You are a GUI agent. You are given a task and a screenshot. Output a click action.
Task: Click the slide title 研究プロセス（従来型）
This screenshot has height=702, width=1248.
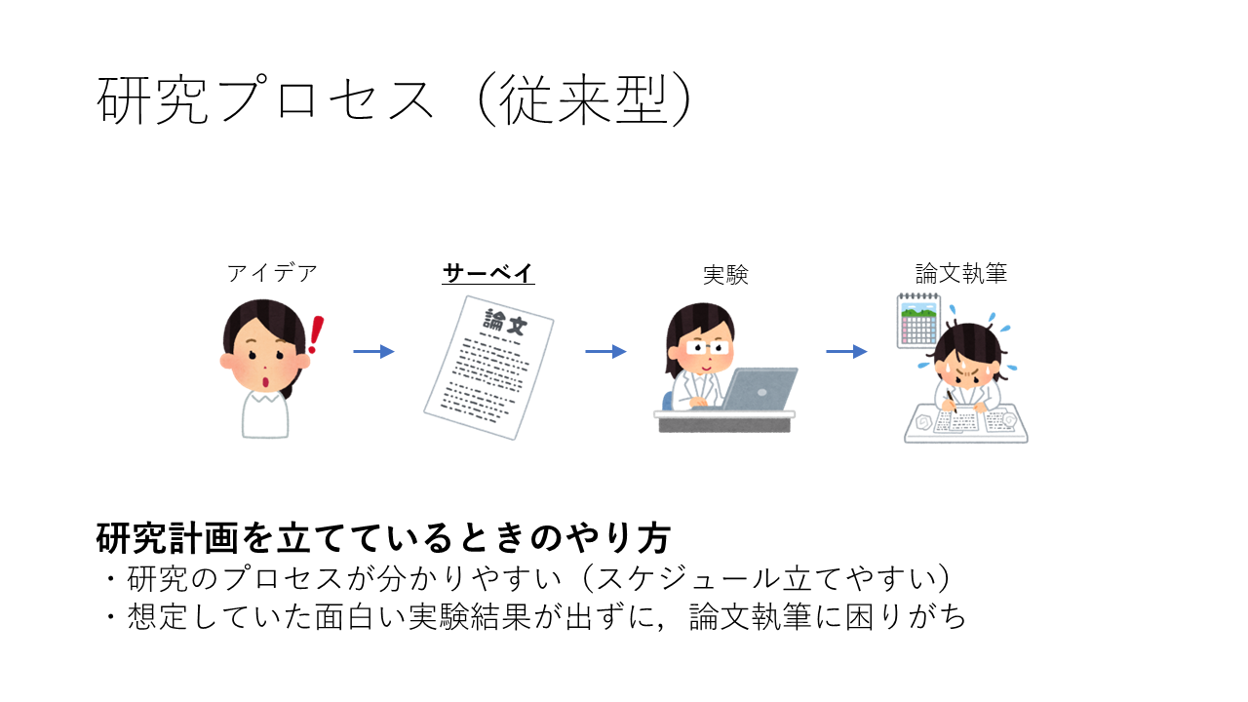pyautogui.click(x=395, y=100)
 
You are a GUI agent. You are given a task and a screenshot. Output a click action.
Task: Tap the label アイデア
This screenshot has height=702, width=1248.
pyautogui.click(x=272, y=274)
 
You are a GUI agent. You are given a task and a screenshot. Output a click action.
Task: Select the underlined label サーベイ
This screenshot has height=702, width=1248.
pyautogui.click(x=488, y=274)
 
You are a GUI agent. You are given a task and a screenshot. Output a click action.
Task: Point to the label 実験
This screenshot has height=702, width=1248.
pyautogui.click(x=725, y=275)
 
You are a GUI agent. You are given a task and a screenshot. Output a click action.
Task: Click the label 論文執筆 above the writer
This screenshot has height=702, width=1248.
pyautogui.click(x=961, y=274)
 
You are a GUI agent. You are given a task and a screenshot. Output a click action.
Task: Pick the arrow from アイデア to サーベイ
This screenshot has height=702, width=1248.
pyautogui.click(x=373, y=352)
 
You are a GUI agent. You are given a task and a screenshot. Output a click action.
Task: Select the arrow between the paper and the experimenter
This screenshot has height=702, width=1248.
pyautogui.click(x=605, y=352)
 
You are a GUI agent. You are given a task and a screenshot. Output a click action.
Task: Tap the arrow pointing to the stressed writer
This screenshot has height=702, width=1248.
pyautogui.click(x=846, y=352)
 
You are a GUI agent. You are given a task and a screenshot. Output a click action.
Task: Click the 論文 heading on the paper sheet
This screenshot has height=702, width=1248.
pyautogui.click(x=505, y=322)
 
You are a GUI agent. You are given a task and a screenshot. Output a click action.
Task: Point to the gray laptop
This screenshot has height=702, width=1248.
pyautogui.click(x=759, y=389)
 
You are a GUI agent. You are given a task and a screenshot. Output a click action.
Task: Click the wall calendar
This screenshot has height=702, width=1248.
pyautogui.click(x=918, y=321)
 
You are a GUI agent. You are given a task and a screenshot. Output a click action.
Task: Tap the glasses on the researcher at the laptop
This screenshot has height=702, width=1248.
pyautogui.click(x=707, y=348)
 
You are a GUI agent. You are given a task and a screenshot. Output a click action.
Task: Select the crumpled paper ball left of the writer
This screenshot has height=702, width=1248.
pyautogui.click(x=923, y=422)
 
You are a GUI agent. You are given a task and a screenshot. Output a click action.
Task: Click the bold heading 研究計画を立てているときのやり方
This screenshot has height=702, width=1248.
pyautogui.click(x=383, y=539)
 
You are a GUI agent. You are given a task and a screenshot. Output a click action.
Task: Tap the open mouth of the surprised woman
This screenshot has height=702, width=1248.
pyautogui.click(x=266, y=382)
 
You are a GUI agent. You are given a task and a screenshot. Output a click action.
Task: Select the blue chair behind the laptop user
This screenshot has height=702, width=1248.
pyautogui.click(x=668, y=401)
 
